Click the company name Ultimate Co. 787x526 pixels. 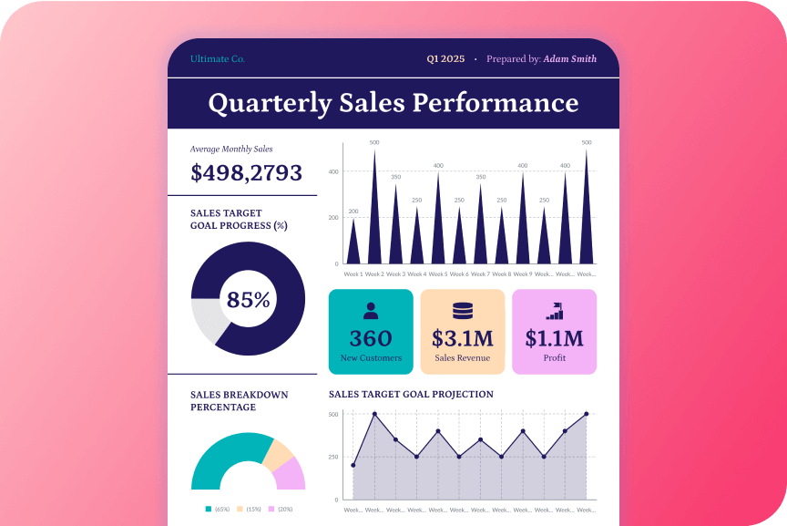pos(218,59)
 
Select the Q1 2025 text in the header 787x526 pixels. pos(445,59)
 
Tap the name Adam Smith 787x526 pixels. pos(570,59)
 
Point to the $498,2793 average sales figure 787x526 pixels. pos(246,173)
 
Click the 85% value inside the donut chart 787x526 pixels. pos(248,300)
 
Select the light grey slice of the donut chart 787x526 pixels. pos(207,320)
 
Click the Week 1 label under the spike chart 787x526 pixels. pos(353,273)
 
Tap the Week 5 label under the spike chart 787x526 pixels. pos(438,273)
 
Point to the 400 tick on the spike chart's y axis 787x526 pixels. pos(333,171)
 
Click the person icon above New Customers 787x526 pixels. pos(371,310)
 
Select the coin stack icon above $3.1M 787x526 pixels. pos(463,310)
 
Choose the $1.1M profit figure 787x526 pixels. pos(554,339)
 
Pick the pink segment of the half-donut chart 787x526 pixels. pos(291,473)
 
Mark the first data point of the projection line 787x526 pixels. pos(353,466)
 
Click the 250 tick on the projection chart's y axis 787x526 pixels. pos(333,457)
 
